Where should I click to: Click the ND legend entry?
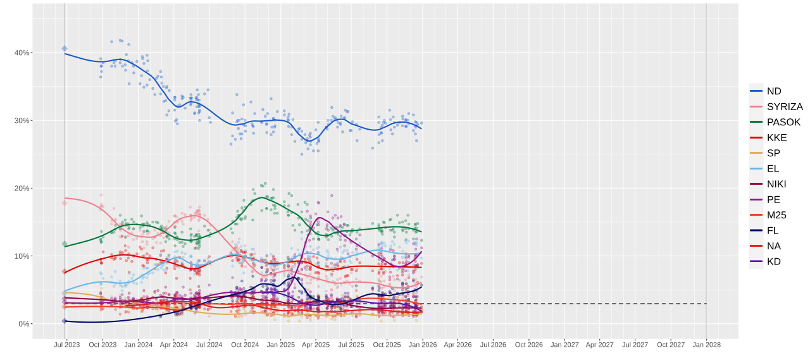tap(773, 91)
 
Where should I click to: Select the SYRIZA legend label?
tap(784, 106)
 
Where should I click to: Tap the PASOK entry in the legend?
tap(783, 122)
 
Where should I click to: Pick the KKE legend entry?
tap(776, 137)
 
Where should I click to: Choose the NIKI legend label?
tap(776, 184)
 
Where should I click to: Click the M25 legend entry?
tap(776, 215)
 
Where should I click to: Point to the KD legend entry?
tap(773, 261)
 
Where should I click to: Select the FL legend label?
tap(772, 230)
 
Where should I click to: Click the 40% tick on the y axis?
tap(22, 53)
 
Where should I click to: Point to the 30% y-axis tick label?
tap(22, 120)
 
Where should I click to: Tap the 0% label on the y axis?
tap(24, 324)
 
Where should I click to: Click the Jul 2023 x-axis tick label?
tap(66, 345)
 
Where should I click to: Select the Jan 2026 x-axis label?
tap(422, 345)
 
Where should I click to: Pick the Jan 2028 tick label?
tap(706, 345)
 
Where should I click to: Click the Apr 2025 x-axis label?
tap(316, 345)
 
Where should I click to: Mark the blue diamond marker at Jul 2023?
tap(65, 49)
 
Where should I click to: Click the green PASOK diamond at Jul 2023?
tap(65, 244)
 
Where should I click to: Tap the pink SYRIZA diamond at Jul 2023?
tap(65, 203)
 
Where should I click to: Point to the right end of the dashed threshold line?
tap(706, 304)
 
